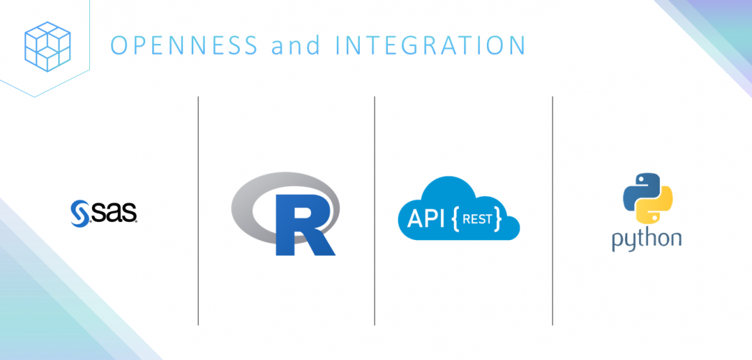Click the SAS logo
click(x=104, y=211)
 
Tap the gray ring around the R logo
click(x=244, y=202)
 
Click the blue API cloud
click(x=458, y=209)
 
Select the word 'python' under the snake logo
click(x=646, y=239)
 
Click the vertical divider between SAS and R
click(x=198, y=209)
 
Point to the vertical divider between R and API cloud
click(x=375, y=209)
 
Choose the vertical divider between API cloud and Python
click(x=552, y=209)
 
